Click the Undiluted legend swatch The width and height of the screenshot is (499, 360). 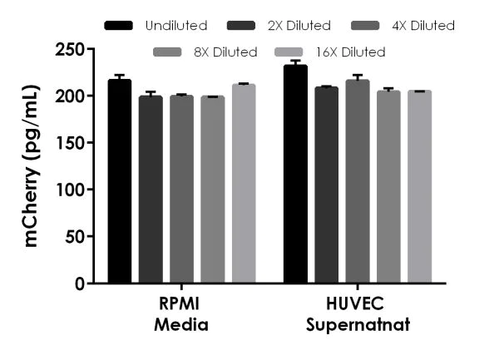118,26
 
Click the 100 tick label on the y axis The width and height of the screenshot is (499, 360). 71,190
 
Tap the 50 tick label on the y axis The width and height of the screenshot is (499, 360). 75,237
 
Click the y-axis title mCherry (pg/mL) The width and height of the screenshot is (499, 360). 32,166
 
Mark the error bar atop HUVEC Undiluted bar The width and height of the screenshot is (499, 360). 295,62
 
